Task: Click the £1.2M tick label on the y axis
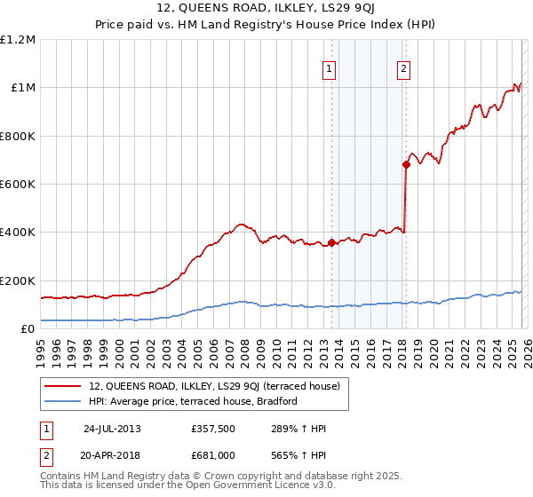point(18,40)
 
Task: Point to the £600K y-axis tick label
point(18,185)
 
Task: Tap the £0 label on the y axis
point(28,329)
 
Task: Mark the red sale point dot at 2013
point(331,242)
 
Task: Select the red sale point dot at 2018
point(406,164)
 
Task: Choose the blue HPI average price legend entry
point(193,401)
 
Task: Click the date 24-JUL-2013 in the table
point(112,429)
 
